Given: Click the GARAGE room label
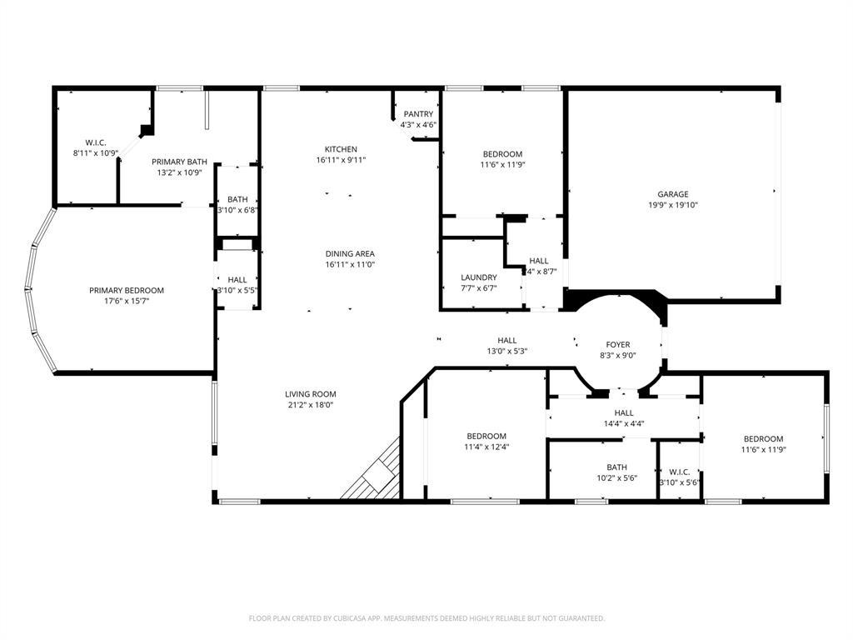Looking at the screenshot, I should (x=672, y=194).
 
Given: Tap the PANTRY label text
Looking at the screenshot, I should (x=418, y=114).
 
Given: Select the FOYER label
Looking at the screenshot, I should (x=617, y=344).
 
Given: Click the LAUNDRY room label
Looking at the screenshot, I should (x=478, y=277).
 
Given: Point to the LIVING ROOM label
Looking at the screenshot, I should (x=311, y=394).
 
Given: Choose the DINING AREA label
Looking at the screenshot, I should (x=350, y=253).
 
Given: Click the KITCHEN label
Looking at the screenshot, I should (x=341, y=149).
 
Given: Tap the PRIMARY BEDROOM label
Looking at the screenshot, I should (x=127, y=290).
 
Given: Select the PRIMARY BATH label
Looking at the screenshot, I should (x=179, y=162).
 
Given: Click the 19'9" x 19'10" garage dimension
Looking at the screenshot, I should (x=672, y=205).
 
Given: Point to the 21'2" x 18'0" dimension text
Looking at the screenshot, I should (x=311, y=405).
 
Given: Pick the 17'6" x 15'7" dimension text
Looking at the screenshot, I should (x=127, y=301).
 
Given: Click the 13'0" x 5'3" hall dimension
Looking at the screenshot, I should (x=506, y=351).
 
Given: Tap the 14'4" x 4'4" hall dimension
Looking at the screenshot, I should (x=623, y=423).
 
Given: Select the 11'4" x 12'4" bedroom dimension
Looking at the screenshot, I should (x=486, y=447).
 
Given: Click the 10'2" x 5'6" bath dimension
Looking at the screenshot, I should (x=616, y=478).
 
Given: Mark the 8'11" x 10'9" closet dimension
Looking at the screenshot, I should (x=96, y=153).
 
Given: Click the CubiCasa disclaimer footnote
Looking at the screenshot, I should (x=426, y=618).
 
